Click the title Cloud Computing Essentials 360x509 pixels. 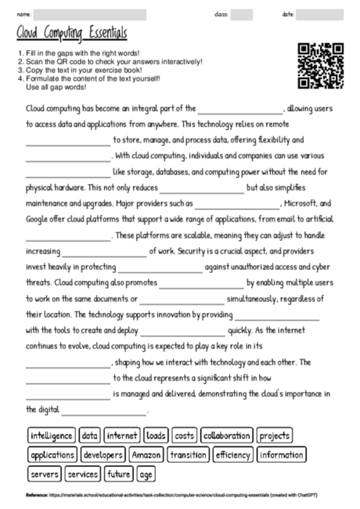71,34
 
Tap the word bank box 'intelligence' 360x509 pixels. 52,435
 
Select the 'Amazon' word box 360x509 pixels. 146,455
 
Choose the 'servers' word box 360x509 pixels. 44,475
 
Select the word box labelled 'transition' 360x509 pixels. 188,455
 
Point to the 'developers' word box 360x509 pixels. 103,455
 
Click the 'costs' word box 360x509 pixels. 184,435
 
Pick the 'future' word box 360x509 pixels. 119,475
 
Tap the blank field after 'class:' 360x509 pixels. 242,14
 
